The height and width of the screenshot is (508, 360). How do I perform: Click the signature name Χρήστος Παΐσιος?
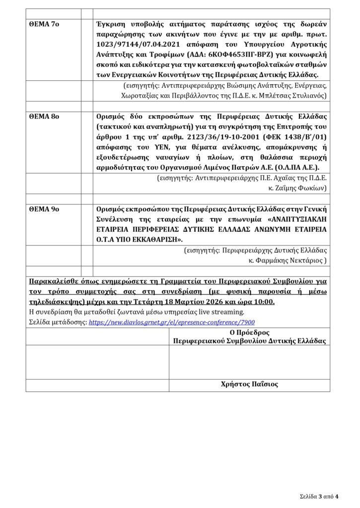point(249,384)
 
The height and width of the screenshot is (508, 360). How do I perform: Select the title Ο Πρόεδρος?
point(249,332)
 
